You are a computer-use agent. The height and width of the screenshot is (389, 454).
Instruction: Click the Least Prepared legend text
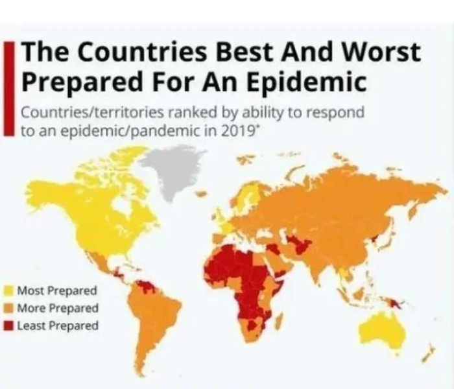click(57, 325)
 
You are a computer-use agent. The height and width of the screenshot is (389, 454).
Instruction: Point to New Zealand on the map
click(428, 353)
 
